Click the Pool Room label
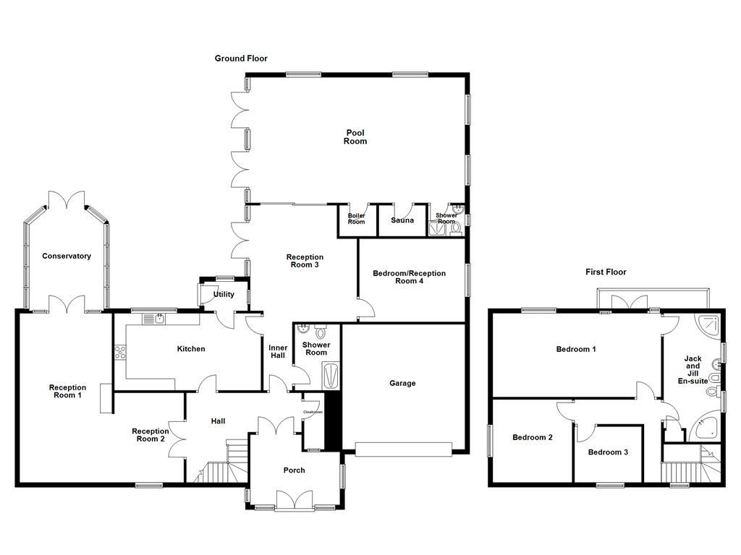pos(355,137)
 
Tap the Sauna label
pos(402,220)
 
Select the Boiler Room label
pos(356,219)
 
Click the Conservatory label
pos(67,257)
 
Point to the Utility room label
pos(224,295)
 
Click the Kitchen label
pos(191,349)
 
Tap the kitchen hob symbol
pos(120,353)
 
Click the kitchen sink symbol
pos(156,319)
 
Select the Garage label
pos(402,384)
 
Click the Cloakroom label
pos(313,413)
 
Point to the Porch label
pos(294,470)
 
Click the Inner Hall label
pos(278,352)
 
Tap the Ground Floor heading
pos(241,59)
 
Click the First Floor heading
pos(606,272)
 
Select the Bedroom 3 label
pos(608,452)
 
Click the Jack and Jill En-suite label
pos(693,369)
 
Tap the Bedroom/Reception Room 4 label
pos(409,277)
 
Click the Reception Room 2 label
pos(150,435)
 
